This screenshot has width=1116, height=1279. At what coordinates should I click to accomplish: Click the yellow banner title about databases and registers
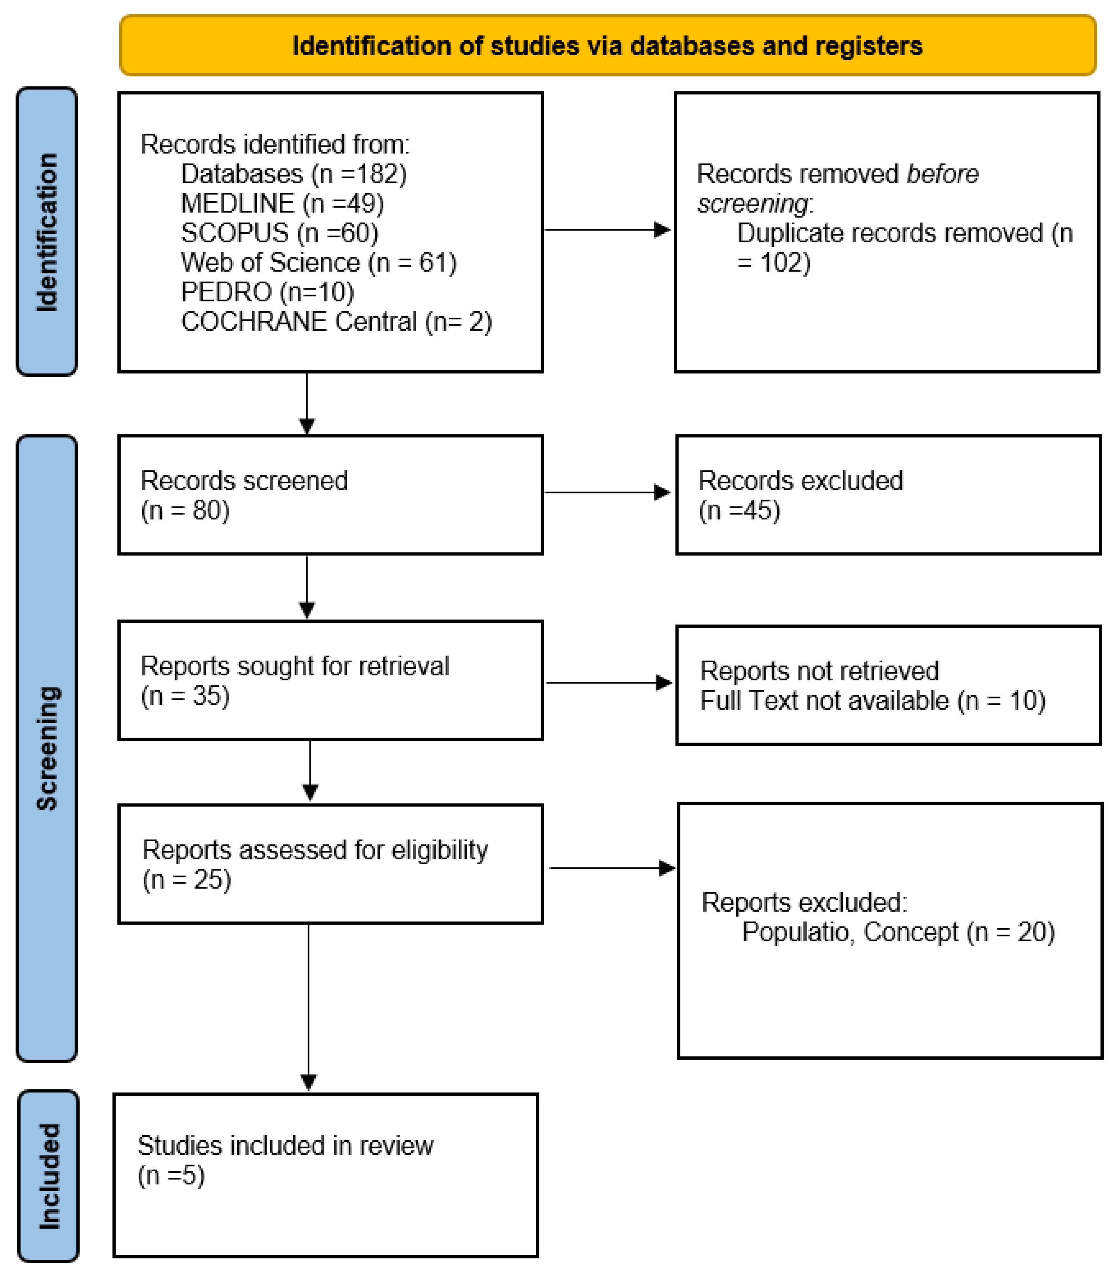coord(607,46)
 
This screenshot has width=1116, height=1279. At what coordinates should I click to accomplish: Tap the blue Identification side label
coord(47,232)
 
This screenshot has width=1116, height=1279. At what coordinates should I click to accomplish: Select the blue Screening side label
coord(47,748)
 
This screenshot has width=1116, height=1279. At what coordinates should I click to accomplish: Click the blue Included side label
coord(49,1176)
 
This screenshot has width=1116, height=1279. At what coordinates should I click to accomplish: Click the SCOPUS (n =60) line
coord(279,233)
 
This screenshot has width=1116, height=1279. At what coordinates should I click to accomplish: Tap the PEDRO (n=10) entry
coord(267,292)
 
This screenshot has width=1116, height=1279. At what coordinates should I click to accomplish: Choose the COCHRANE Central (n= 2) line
coord(336,322)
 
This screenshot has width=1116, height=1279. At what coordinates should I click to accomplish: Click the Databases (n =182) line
coord(293,174)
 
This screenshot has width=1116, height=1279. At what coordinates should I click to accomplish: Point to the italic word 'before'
coord(942,174)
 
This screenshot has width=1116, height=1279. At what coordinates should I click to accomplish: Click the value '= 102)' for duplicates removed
coord(774,263)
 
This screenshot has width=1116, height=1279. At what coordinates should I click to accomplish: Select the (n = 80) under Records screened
coord(185,510)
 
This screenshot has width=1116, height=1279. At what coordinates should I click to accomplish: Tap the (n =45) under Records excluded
coord(739,510)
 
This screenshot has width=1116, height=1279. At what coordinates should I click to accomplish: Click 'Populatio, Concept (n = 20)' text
coord(898,933)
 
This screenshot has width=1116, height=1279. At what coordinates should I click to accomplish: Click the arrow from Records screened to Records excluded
coord(607,493)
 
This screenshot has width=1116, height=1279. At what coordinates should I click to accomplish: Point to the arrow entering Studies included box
coord(308,1081)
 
